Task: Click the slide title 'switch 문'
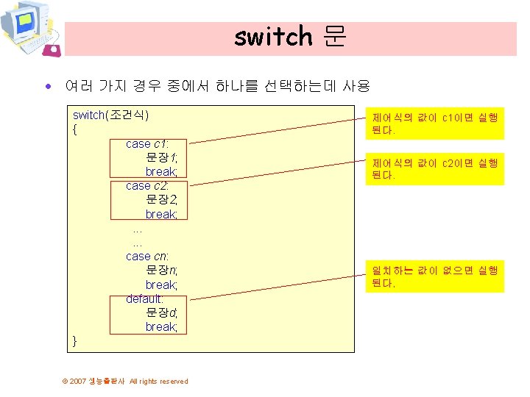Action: click(290, 37)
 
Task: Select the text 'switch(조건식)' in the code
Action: click(110, 115)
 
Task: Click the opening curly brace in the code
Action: click(75, 130)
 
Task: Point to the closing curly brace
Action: click(75, 340)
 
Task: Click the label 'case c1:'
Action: click(147, 144)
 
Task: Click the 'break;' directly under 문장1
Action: click(161, 172)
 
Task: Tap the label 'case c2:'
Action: click(147, 186)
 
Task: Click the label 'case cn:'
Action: click(147, 257)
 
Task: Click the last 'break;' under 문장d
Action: click(161, 326)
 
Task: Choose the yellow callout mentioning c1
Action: click(435, 124)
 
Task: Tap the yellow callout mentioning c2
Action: click(435, 169)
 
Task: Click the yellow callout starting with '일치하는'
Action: click(435, 276)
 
